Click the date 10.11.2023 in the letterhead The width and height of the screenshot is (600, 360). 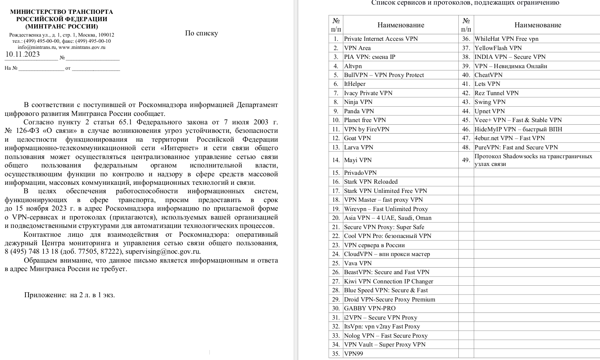click(x=22, y=54)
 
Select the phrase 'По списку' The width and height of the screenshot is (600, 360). click(x=201, y=33)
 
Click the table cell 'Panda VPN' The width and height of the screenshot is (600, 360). click(x=359, y=111)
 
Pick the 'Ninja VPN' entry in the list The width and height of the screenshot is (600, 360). click(x=358, y=102)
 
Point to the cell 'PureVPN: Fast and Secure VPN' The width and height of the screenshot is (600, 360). click(x=516, y=147)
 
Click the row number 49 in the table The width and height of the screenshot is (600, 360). click(x=466, y=160)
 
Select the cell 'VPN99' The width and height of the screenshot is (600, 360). click(x=353, y=354)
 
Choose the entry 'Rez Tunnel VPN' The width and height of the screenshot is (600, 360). click(x=496, y=93)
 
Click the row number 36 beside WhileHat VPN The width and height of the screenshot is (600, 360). click(x=466, y=39)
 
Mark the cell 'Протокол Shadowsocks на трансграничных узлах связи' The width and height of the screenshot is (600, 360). click(x=533, y=160)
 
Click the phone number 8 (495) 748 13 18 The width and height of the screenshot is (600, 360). click(x=31, y=252)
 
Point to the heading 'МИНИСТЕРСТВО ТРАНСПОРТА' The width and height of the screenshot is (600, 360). click(x=62, y=12)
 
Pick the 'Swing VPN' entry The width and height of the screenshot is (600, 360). click(x=490, y=102)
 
